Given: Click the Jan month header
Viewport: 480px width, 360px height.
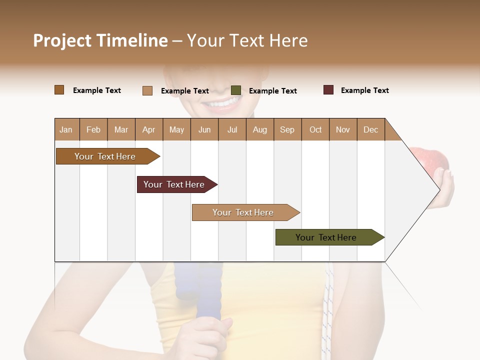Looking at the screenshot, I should [x=66, y=129].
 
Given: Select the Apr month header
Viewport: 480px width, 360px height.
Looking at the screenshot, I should [x=148, y=129].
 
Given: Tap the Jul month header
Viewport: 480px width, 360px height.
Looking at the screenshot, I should [x=232, y=129].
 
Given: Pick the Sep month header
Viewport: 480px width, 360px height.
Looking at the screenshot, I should [x=287, y=129].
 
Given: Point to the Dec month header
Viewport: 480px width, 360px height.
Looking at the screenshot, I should [x=370, y=129].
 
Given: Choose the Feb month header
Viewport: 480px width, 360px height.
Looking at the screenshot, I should [x=93, y=129].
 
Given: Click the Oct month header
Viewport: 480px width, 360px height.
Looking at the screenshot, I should [x=315, y=129].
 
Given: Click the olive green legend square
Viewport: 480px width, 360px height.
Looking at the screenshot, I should [x=236, y=90].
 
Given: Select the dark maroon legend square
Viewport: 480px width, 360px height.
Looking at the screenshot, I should [x=328, y=90].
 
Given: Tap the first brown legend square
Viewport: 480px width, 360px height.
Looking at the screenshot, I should [x=59, y=90].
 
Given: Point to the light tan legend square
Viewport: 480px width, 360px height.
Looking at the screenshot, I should [x=147, y=90].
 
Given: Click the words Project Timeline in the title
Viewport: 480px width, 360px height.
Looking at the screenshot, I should [x=100, y=40].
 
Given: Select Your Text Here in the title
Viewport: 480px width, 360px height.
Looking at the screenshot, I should [x=247, y=40].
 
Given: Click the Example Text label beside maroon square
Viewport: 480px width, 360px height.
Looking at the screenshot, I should [x=364, y=90].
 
